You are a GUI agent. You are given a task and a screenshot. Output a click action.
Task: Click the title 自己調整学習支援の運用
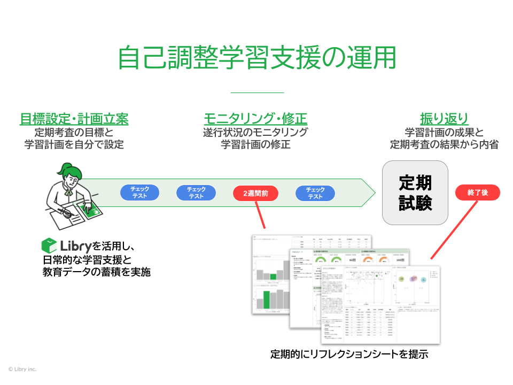(256, 58)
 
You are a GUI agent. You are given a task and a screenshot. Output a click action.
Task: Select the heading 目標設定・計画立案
(74, 119)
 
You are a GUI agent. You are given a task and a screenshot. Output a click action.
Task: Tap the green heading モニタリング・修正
(255, 119)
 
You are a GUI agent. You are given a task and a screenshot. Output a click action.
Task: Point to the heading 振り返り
(444, 119)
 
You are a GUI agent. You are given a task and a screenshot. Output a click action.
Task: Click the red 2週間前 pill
(255, 193)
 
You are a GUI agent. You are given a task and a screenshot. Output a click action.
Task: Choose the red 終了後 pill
(477, 192)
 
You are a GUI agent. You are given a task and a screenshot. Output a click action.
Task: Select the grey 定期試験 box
(415, 192)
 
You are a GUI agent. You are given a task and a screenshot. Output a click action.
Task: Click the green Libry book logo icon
(49, 246)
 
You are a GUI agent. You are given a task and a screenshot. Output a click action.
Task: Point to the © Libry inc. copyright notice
(22, 369)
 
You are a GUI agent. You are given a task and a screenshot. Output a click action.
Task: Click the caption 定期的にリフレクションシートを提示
(349, 354)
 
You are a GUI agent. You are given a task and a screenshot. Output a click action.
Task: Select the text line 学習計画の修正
(255, 144)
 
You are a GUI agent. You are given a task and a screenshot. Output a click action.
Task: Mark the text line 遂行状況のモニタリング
(255, 132)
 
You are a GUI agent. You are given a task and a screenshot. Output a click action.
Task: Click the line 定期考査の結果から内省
(444, 144)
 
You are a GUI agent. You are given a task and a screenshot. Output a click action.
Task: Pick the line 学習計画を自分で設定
(74, 144)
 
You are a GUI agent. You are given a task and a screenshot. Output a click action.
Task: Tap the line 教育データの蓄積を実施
(96, 272)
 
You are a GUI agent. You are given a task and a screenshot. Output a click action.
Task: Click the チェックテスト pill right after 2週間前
(315, 193)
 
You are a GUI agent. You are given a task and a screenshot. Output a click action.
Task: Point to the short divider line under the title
(256, 93)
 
